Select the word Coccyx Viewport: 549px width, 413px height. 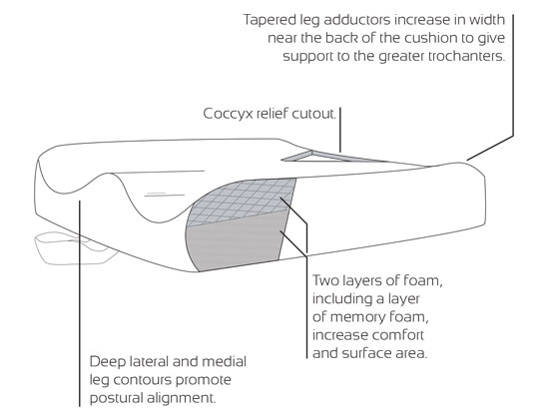click(228, 114)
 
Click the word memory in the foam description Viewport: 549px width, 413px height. click(353, 317)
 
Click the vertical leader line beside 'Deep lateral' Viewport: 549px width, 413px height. click(80, 303)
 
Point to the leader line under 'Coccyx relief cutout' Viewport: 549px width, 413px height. click(339, 130)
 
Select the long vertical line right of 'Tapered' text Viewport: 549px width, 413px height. click(513, 75)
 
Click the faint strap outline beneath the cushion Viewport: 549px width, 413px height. click(75, 247)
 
